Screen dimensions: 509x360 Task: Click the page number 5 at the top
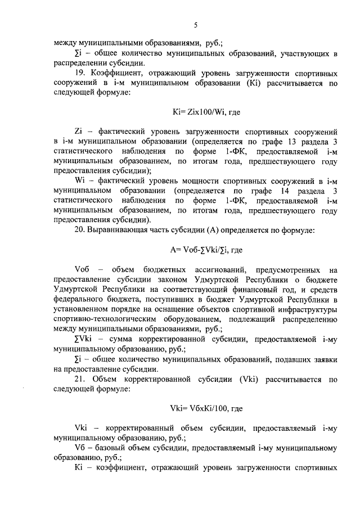(x=196, y=24)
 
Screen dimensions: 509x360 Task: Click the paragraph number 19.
(x=80, y=74)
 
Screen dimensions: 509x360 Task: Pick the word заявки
(x=322, y=359)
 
